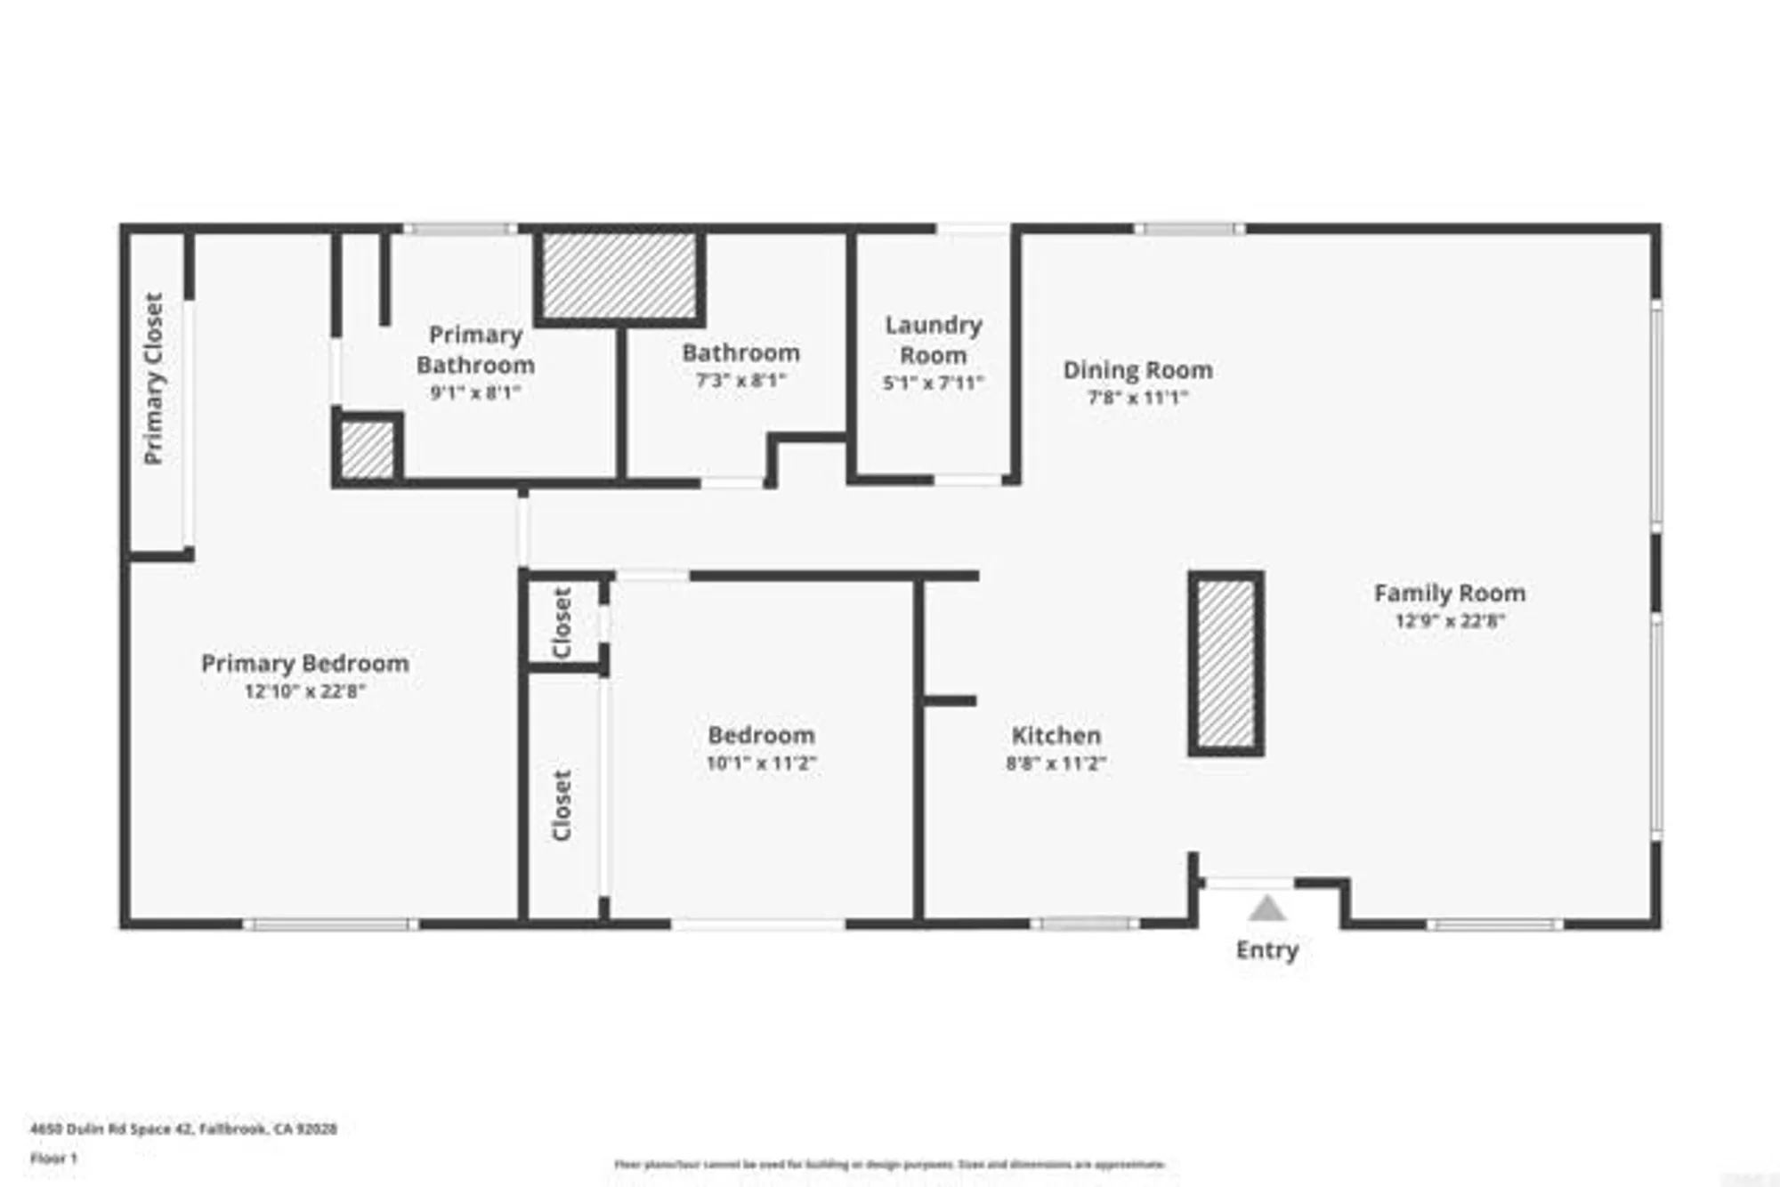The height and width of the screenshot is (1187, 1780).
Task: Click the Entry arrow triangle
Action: pyautogui.click(x=1266, y=909)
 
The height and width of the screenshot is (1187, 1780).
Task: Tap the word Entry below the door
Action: pyautogui.click(x=1266, y=950)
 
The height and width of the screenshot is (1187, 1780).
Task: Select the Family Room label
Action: pyautogui.click(x=1449, y=593)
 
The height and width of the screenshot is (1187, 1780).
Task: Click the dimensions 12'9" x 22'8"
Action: pyautogui.click(x=1449, y=621)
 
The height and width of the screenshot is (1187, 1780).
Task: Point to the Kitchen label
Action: pyautogui.click(x=1056, y=736)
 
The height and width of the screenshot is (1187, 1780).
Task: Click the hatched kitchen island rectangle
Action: pyautogui.click(x=1226, y=664)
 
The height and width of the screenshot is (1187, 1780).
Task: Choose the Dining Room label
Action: pyautogui.click(x=1137, y=370)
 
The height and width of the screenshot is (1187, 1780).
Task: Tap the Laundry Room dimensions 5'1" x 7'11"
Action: pyautogui.click(x=933, y=384)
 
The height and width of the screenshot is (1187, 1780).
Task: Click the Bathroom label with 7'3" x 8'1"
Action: pyautogui.click(x=740, y=353)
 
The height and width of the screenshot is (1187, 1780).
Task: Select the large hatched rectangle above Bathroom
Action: pyautogui.click(x=619, y=275)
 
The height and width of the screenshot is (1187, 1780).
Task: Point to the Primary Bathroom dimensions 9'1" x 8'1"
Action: pyautogui.click(x=475, y=392)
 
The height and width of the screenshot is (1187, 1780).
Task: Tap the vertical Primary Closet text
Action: pyautogui.click(x=154, y=378)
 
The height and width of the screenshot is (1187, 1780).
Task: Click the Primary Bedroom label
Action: pyautogui.click(x=304, y=664)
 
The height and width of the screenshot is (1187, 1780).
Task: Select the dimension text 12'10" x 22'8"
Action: pyautogui.click(x=304, y=691)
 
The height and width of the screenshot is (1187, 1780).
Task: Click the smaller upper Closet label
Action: pyautogui.click(x=562, y=622)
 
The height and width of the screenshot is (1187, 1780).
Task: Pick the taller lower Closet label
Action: pyautogui.click(x=562, y=805)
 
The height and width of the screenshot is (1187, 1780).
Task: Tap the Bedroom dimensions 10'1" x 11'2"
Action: pyautogui.click(x=761, y=763)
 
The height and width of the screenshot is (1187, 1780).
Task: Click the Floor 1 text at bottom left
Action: pyautogui.click(x=53, y=1159)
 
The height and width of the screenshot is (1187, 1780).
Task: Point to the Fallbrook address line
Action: pyautogui.click(x=183, y=1129)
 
